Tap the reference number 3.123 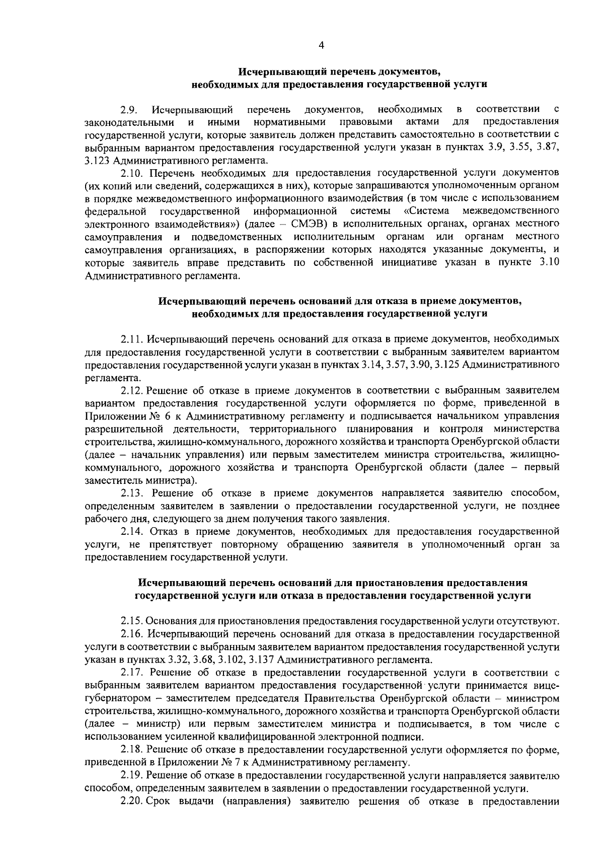[x=98, y=161]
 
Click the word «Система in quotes [x=427, y=210]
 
